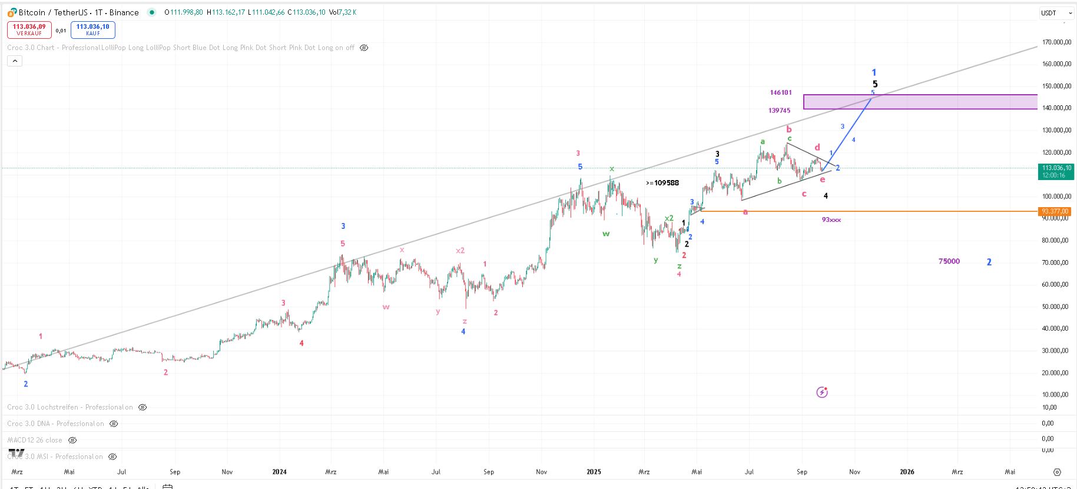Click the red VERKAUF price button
pos(29,29)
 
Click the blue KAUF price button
pos(92,29)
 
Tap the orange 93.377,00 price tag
pos(1055,211)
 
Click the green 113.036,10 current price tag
pos(1055,171)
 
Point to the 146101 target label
pos(781,92)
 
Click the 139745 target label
pos(779,111)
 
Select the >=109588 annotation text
pos(662,183)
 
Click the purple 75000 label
pos(949,261)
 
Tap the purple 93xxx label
pos(831,219)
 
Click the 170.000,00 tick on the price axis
pos(1056,42)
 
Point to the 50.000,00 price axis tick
pos(1056,307)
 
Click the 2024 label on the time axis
pos(279,472)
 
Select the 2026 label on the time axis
pos(907,472)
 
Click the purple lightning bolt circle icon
pos(822,392)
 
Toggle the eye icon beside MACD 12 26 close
pos(72,440)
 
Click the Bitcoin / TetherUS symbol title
pos(78,12)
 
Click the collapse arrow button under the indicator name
pos(15,61)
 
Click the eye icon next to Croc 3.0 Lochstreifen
pos(143,407)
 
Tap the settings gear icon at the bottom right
pos(1057,472)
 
